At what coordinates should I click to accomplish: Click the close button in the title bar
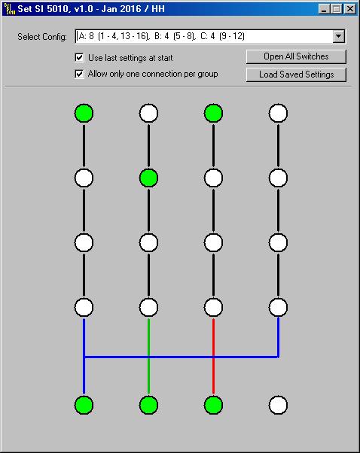(350, 9)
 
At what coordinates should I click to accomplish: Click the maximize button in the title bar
(337, 9)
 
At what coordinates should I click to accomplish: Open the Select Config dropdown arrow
(339, 36)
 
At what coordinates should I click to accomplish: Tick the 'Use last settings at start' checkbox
(79, 57)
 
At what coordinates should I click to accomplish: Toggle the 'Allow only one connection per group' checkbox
(79, 74)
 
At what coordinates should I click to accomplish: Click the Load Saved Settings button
(296, 74)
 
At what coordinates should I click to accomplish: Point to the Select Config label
(42, 37)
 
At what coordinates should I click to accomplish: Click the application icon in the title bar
(9, 9)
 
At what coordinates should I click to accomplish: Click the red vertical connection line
(213, 356)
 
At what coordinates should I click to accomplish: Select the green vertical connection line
(148, 356)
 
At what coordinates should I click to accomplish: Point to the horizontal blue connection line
(181, 357)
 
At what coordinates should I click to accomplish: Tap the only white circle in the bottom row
(278, 405)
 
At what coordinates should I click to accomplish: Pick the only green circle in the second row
(148, 178)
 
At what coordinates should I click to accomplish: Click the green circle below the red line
(213, 405)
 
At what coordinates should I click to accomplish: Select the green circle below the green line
(148, 405)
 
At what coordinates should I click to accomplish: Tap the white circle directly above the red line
(213, 307)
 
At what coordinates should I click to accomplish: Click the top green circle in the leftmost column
(84, 113)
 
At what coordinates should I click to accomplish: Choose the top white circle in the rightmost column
(278, 113)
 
